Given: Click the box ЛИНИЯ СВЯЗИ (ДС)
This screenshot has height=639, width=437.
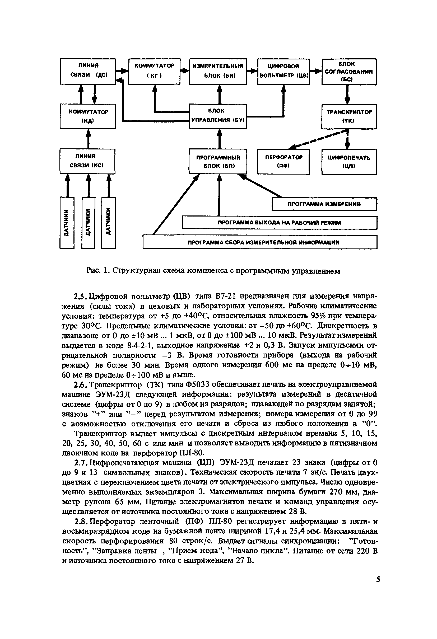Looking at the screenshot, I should [88, 71].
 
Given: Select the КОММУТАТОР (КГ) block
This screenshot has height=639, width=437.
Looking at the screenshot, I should [154, 71].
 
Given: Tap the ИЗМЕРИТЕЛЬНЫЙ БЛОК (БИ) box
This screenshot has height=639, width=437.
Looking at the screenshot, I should [218, 71].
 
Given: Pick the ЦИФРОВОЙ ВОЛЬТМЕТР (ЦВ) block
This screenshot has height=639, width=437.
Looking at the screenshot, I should [283, 72].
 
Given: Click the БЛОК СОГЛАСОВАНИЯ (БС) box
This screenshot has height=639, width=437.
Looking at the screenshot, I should [349, 72].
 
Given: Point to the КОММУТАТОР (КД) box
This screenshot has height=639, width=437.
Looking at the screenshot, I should [88, 116].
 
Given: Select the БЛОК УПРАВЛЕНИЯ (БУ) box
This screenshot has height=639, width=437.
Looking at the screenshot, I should [218, 116].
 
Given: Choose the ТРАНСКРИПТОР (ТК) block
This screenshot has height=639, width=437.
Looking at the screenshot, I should [349, 116].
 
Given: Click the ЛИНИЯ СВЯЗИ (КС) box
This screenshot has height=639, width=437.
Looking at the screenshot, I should [87, 161].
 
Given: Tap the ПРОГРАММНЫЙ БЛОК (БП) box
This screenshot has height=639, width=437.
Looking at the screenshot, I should [218, 161].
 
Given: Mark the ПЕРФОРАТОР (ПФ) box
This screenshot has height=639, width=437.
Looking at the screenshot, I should [283, 162].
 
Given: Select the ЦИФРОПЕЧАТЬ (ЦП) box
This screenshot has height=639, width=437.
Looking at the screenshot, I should [349, 162].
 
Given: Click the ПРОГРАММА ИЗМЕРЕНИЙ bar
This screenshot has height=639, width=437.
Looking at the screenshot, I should [324, 204].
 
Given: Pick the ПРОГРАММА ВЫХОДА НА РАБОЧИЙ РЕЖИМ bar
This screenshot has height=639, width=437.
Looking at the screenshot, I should [279, 223].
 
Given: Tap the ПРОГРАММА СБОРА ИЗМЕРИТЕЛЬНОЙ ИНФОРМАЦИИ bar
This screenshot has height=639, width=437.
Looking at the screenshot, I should [260, 242].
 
